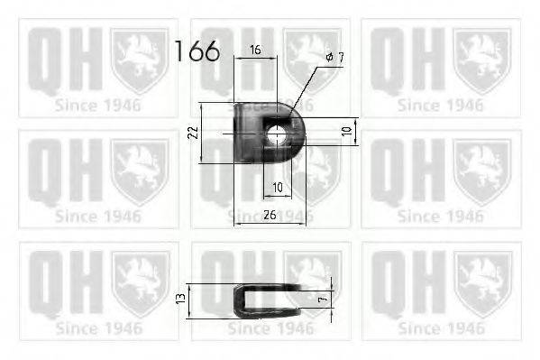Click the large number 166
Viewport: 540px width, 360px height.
coord(197,51)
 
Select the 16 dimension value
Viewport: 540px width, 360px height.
coord(256,51)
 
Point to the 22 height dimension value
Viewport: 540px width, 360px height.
coord(192,133)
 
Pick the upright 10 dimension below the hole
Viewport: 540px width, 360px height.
coord(277,187)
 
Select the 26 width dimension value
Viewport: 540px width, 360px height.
coord(270,216)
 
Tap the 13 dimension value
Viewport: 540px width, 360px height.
coord(181,299)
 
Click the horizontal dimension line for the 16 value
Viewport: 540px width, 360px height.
coord(256,60)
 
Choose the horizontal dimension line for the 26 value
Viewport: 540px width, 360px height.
coord(270,223)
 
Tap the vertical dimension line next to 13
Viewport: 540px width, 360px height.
coord(190,299)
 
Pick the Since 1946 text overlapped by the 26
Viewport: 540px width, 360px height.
coord(270,216)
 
